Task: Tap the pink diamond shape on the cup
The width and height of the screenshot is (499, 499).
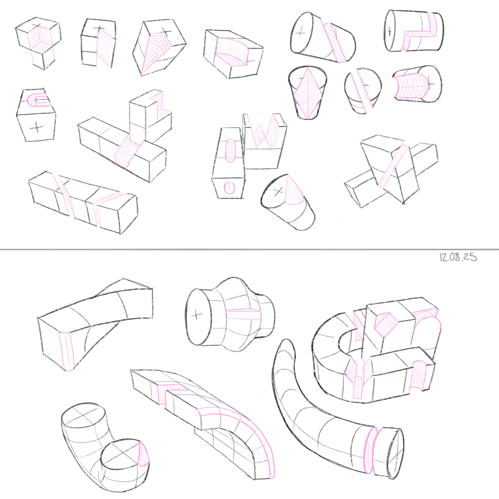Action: click(308, 93)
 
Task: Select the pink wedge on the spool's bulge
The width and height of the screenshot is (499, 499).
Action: click(243, 313)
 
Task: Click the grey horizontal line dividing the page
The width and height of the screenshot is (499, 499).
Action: click(249, 249)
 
